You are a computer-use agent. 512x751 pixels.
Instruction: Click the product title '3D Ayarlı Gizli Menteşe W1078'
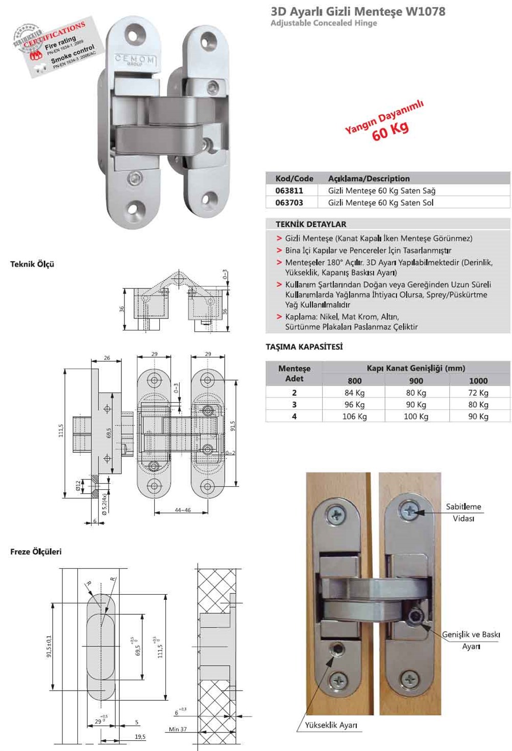click(358, 11)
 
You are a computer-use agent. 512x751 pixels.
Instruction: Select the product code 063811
click(289, 191)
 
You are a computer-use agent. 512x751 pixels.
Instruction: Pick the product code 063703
click(289, 203)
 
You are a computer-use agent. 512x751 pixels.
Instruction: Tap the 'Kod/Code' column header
click(294, 179)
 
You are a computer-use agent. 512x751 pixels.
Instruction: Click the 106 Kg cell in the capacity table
click(354, 416)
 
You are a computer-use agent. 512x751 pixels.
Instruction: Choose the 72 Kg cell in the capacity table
click(478, 393)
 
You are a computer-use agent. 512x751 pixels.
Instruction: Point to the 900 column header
click(416, 381)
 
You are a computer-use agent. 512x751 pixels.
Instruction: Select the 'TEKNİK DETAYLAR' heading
click(311, 224)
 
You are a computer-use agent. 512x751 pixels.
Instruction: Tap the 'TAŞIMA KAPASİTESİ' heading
click(304, 347)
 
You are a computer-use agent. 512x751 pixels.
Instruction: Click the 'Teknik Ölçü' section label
click(32, 264)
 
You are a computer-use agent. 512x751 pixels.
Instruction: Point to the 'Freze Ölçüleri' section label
click(36, 552)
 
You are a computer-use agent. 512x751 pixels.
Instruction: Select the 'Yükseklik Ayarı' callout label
click(331, 725)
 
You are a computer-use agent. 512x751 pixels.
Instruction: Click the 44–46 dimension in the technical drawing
click(182, 510)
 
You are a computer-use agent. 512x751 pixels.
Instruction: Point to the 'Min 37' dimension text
click(178, 729)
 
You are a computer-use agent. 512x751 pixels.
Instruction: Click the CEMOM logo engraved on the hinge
click(134, 59)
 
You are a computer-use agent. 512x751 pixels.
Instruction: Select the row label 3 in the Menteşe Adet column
click(294, 405)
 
